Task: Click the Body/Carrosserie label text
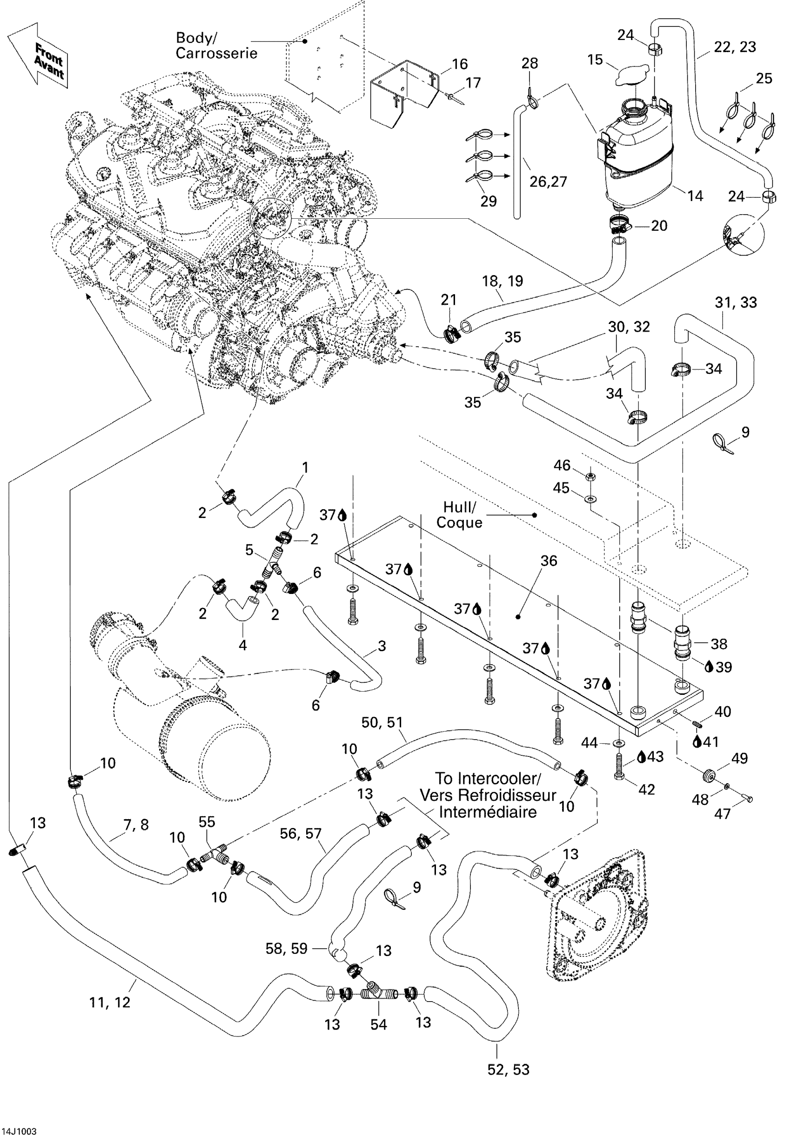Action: click(216, 46)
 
